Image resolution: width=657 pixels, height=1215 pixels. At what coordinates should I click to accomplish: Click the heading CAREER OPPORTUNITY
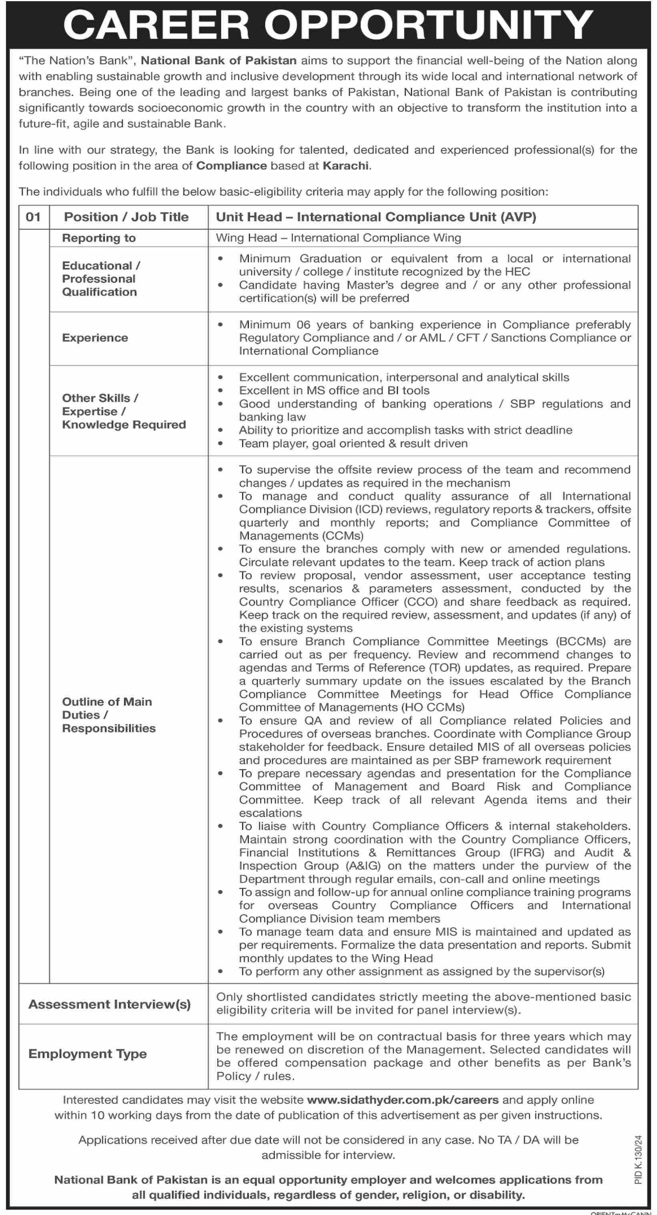(x=328, y=24)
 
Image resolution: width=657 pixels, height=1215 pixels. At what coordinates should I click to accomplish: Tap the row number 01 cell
(x=34, y=217)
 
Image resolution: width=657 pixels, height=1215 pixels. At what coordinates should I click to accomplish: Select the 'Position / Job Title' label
(x=126, y=217)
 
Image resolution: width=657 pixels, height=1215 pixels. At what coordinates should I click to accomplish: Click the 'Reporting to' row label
(x=99, y=238)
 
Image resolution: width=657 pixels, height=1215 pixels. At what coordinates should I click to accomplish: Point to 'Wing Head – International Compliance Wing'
(x=338, y=238)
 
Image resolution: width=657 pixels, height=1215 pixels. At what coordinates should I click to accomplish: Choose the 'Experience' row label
(x=95, y=338)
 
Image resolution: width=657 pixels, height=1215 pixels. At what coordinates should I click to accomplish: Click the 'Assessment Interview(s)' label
(x=109, y=1004)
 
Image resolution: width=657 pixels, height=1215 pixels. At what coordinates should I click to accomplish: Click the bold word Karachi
(x=346, y=166)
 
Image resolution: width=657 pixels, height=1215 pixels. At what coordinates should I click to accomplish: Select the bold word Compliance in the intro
(x=232, y=166)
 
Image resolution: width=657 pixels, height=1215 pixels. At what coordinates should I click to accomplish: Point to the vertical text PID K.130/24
(x=639, y=1159)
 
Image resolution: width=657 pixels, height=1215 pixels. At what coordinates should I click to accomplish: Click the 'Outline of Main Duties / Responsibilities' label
(x=108, y=715)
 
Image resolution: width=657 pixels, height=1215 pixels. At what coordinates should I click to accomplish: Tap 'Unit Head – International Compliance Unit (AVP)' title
(x=376, y=217)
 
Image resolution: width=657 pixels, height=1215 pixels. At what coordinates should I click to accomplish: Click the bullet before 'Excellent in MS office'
(x=220, y=391)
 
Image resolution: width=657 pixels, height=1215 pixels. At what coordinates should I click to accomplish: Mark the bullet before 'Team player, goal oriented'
(x=220, y=444)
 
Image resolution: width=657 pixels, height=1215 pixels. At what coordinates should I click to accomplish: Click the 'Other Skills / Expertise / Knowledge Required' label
(x=124, y=411)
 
